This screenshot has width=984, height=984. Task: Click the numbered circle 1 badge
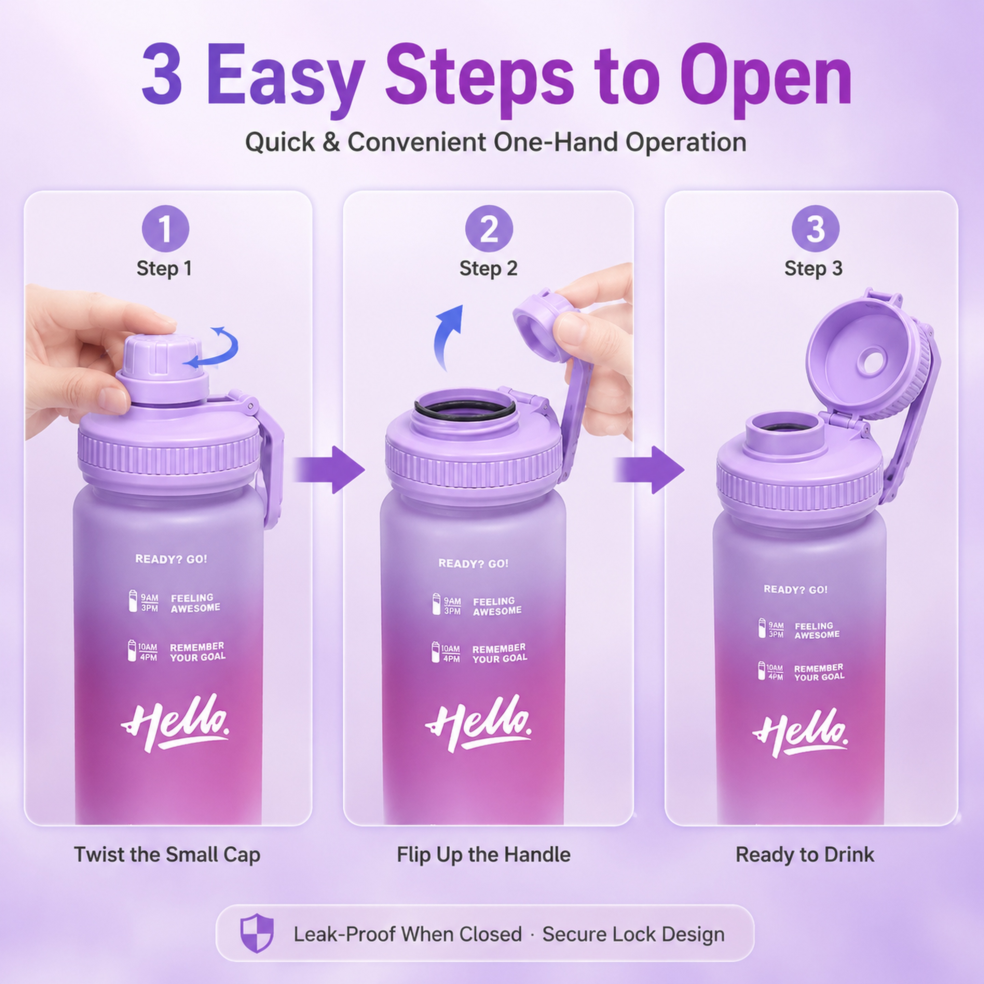click(165, 229)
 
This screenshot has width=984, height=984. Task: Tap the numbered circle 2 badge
click(489, 229)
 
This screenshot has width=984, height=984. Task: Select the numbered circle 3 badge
click(816, 229)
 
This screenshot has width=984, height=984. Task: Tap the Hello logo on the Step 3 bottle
click(799, 734)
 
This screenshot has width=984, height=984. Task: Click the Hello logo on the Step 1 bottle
click(175, 722)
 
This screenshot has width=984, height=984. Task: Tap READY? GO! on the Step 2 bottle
click(473, 563)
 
